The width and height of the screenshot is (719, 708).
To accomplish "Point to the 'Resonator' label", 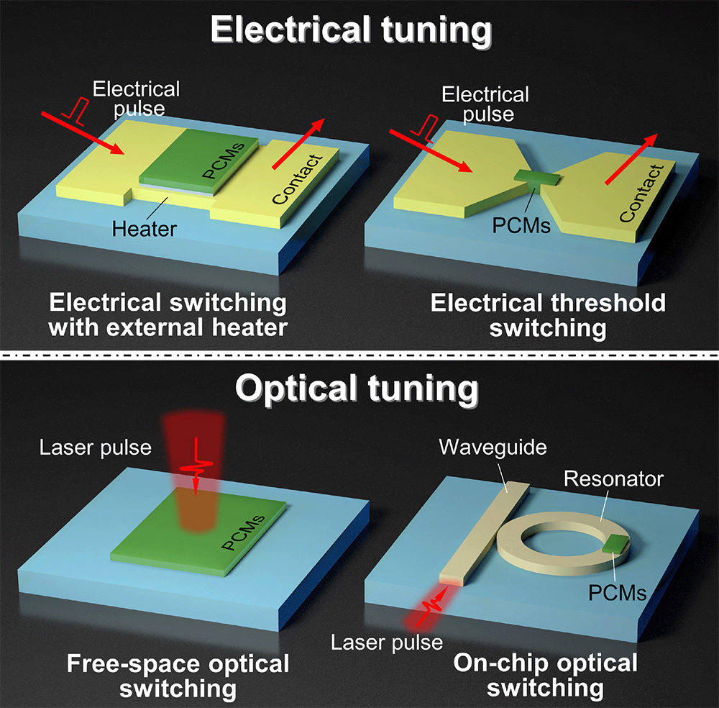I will (x=614, y=478).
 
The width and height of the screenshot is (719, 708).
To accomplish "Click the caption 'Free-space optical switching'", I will (x=178, y=676).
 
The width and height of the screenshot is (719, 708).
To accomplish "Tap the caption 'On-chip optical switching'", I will (x=545, y=674).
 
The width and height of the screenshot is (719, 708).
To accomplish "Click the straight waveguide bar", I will (x=483, y=533).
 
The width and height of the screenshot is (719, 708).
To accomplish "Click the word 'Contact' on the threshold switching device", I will (x=641, y=193).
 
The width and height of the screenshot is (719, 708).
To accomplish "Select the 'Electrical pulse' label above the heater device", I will (x=137, y=99).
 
